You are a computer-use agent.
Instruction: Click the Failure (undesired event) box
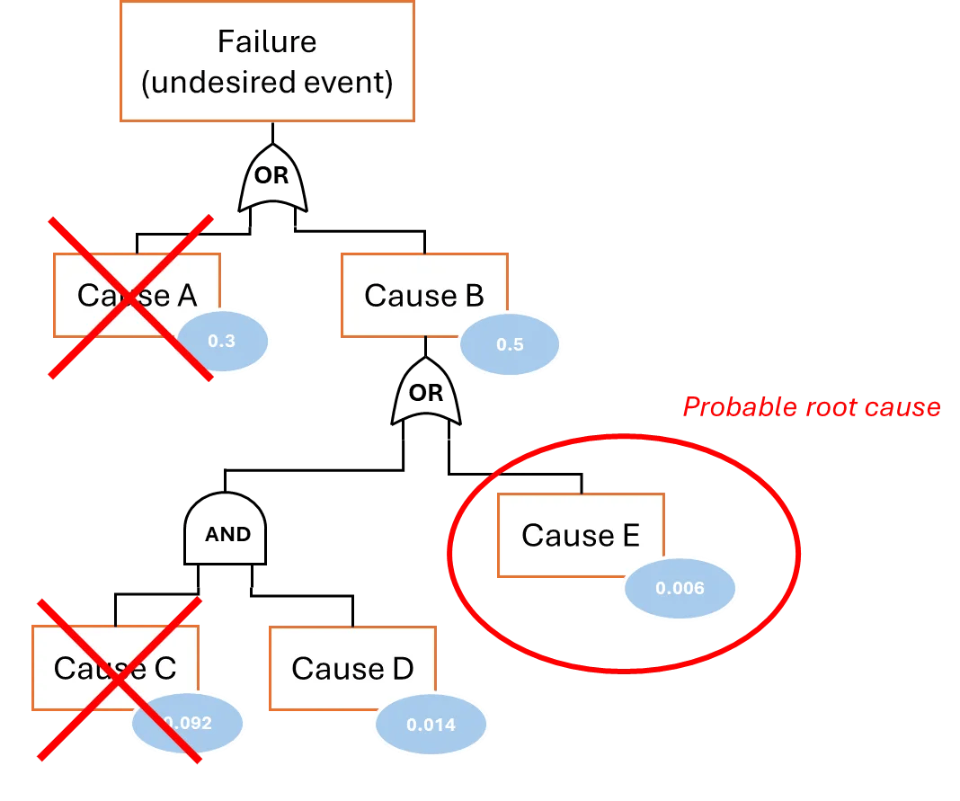[267, 61]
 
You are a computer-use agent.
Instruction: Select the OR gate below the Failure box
[272, 178]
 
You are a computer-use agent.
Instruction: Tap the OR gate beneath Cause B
[426, 391]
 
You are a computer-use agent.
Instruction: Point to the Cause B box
[424, 295]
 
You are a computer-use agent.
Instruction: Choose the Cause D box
[352, 668]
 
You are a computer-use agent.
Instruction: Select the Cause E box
[581, 535]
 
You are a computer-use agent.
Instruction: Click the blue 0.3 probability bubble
[222, 341]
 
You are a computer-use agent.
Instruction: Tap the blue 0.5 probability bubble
[510, 344]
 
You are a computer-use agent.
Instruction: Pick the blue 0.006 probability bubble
[680, 588]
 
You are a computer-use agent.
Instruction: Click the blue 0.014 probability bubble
[431, 725]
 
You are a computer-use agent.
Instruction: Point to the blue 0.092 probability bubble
[187, 723]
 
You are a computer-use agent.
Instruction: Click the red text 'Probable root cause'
[812, 407]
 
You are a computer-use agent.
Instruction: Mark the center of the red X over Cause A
[131, 298]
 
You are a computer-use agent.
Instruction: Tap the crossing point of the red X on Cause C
[120, 680]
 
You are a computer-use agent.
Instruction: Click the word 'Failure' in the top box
[267, 41]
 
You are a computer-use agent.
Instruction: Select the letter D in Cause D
[403, 668]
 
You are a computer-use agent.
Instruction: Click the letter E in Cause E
[631, 535]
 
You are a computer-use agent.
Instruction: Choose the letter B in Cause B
[476, 295]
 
